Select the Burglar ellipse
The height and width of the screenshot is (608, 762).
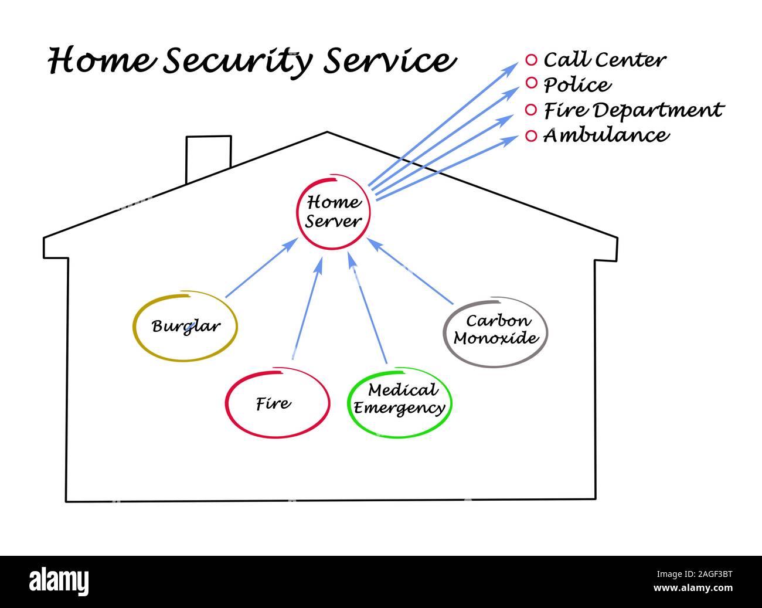185,326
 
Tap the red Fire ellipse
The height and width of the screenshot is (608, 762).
277,403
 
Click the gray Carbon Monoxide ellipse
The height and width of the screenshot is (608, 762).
495,331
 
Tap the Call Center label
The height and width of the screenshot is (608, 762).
604,60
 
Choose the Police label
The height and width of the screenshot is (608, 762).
577,85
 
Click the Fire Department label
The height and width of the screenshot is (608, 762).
633,110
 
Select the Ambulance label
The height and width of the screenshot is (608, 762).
605,135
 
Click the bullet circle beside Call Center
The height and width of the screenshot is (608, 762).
531,60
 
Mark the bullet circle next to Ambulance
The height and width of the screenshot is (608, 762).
531,136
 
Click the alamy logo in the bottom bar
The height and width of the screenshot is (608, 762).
59,581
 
